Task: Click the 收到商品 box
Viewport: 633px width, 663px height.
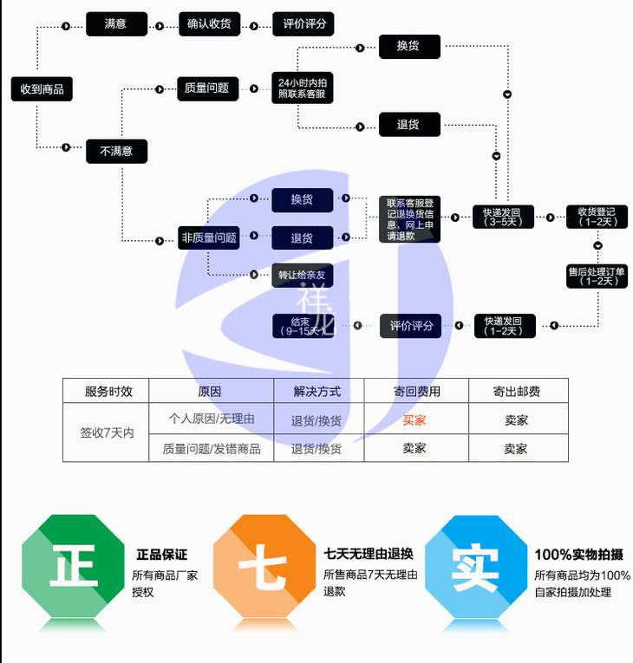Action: pyautogui.click(x=42, y=88)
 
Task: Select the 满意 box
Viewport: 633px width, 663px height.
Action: pyautogui.click(x=116, y=24)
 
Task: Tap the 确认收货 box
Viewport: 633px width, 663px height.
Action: pyautogui.click(x=209, y=24)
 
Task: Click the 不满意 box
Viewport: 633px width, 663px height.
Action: pyautogui.click(x=116, y=151)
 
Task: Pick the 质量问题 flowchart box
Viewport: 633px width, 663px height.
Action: pyautogui.click(x=207, y=88)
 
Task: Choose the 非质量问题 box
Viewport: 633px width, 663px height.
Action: pyautogui.click(x=209, y=237)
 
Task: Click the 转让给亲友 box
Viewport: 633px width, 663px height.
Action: pyautogui.click(x=302, y=275)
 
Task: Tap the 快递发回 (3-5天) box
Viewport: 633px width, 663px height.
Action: pyautogui.click(x=503, y=217)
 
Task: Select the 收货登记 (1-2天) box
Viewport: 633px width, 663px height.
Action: pyautogui.click(x=597, y=217)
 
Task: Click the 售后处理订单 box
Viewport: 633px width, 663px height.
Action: pyautogui.click(x=597, y=276)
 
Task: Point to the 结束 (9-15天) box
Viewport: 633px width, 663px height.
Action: pyautogui.click(x=302, y=326)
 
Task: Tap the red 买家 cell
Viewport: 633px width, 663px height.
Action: pyautogui.click(x=414, y=420)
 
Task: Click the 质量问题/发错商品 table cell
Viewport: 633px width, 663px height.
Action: pyautogui.click(x=212, y=449)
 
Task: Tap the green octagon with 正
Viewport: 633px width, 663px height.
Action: pyautogui.click(x=74, y=569)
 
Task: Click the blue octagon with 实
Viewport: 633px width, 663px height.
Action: pyautogui.click(x=476, y=569)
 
